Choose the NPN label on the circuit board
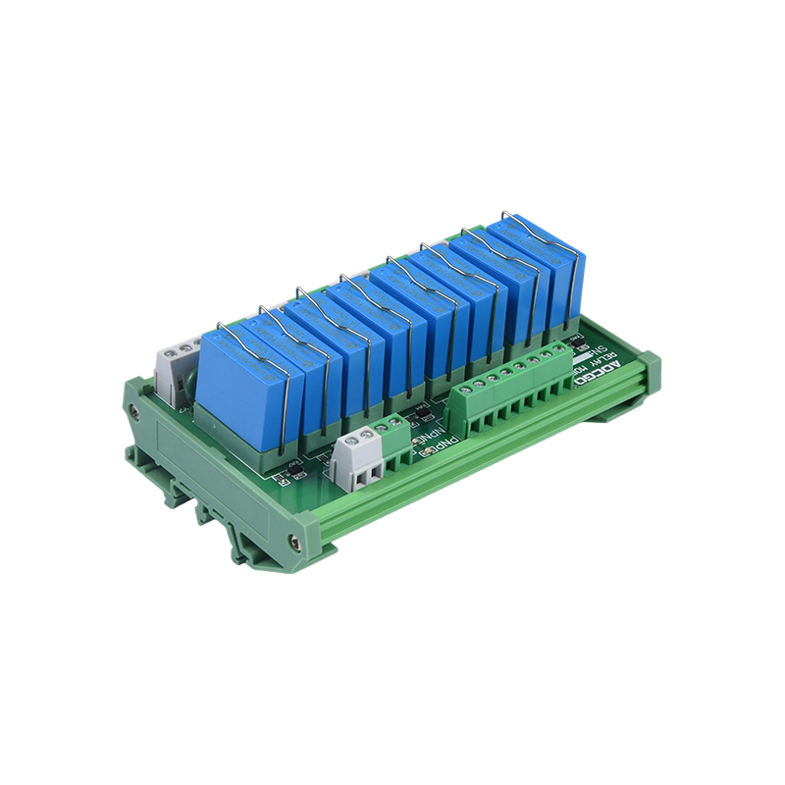coord(428,432)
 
